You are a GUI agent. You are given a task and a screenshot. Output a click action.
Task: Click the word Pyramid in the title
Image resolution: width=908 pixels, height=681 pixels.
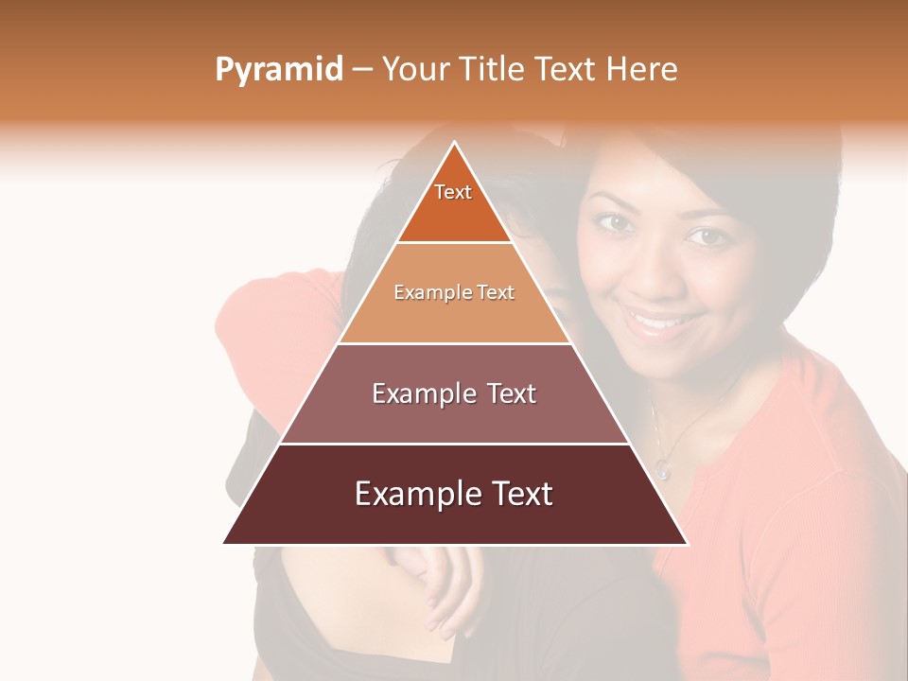point(278,70)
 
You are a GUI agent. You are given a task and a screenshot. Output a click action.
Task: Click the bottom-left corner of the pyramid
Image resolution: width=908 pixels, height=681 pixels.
point(224,543)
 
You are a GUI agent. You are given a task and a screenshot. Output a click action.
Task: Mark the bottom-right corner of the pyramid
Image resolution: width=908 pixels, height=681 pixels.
point(687,543)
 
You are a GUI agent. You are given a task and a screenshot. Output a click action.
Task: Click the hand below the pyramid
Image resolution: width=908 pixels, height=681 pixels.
point(445,586)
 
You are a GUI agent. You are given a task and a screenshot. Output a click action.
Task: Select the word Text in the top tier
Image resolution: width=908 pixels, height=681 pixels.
point(453,192)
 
